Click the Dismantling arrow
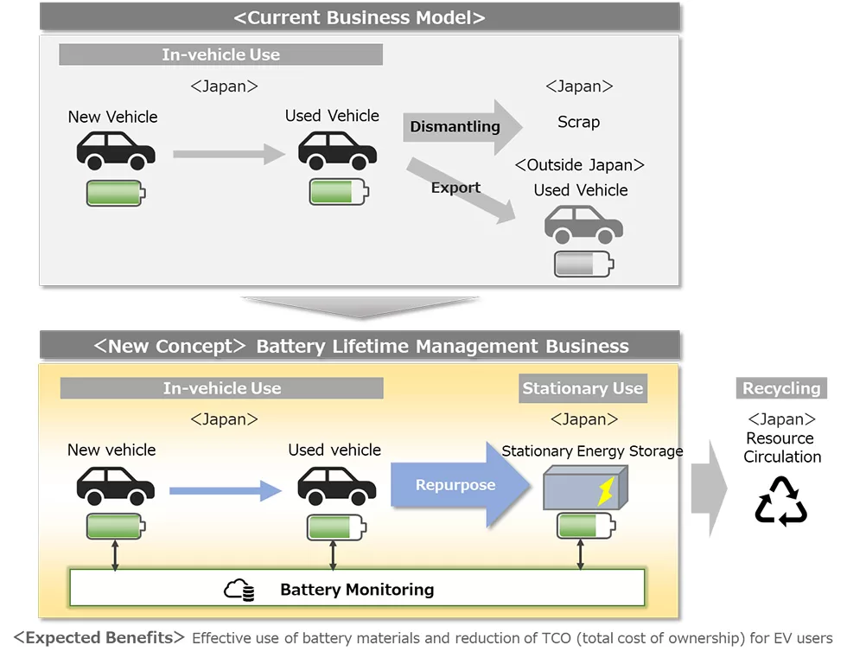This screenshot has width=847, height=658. point(462,127)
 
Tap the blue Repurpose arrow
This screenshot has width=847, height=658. point(460,484)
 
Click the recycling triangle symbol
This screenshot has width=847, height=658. point(780,501)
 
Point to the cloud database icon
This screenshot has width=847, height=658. point(239,590)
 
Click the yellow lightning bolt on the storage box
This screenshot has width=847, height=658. point(606,490)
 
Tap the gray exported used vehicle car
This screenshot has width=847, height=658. point(583,224)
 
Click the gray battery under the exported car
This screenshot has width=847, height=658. point(584,265)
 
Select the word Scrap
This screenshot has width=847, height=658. point(578,122)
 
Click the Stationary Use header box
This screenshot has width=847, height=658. point(583,388)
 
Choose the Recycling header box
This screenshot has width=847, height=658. point(781,388)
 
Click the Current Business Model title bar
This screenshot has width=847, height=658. point(360,17)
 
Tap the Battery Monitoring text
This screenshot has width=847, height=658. point(357,590)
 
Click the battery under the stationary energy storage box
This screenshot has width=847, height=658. point(586,526)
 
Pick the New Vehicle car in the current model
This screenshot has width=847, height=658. point(116,150)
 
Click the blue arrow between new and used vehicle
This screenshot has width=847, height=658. point(226,490)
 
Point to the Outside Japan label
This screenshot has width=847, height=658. point(580,165)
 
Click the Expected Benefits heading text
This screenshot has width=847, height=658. point(99,637)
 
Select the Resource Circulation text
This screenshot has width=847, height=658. point(781,447)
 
